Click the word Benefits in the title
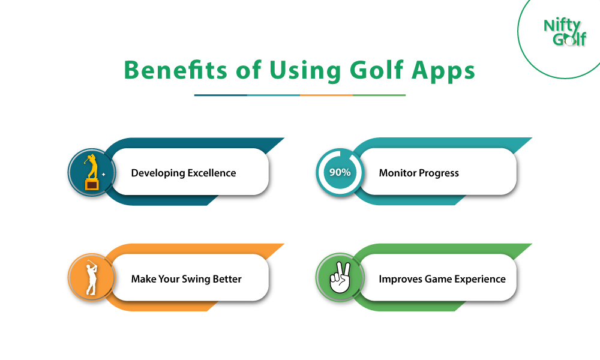[x=176, y=70]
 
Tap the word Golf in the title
[x=377, y=70]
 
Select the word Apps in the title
[x=443, y=72]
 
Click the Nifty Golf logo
[x=565, y=32]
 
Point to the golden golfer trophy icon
[x=92, y=172]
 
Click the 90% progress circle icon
[x=340, y=172]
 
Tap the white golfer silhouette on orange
[x=91, y=278]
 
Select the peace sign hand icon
[x=340, y=278]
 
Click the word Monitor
[x=398, y=173]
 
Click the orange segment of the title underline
[x=326, y=95]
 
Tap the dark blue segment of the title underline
[x=221, y=95]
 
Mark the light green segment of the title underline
[x=379, y=95]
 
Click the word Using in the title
[x=305, y=71]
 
